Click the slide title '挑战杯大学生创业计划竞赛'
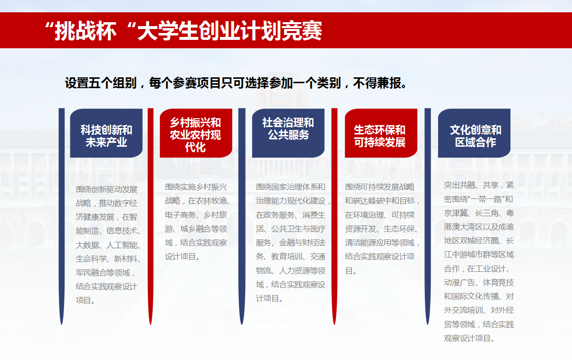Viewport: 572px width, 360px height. coord(183,31)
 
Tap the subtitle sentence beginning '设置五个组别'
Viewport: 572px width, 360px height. coord(236,83)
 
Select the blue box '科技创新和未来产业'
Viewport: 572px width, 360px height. coord(106,133)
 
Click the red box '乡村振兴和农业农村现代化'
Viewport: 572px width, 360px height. coord(196,133)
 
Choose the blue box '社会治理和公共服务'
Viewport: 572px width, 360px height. coord(288,133)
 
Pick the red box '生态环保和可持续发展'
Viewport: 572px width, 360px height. coord(381,133)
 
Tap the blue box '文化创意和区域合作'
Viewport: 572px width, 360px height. coord(474,133)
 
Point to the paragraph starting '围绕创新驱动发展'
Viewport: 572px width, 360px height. coord(108,245)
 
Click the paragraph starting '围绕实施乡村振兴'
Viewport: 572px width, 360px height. coord(197,222)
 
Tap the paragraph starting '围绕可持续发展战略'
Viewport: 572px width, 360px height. coord(382,229)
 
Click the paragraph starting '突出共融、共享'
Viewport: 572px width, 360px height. coord(478,262)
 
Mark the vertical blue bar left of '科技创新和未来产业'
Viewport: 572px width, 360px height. coord(62,216)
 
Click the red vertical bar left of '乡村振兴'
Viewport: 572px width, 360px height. coord(151,216)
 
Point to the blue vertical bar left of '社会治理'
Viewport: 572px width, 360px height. coord(242,216)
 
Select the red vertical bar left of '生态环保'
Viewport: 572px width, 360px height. coord(335,216)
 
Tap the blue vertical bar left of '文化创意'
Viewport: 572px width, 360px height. coord(428,216)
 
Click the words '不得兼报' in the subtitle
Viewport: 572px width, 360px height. coord(377,83)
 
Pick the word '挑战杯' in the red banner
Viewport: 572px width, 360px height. coord(86,31)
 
